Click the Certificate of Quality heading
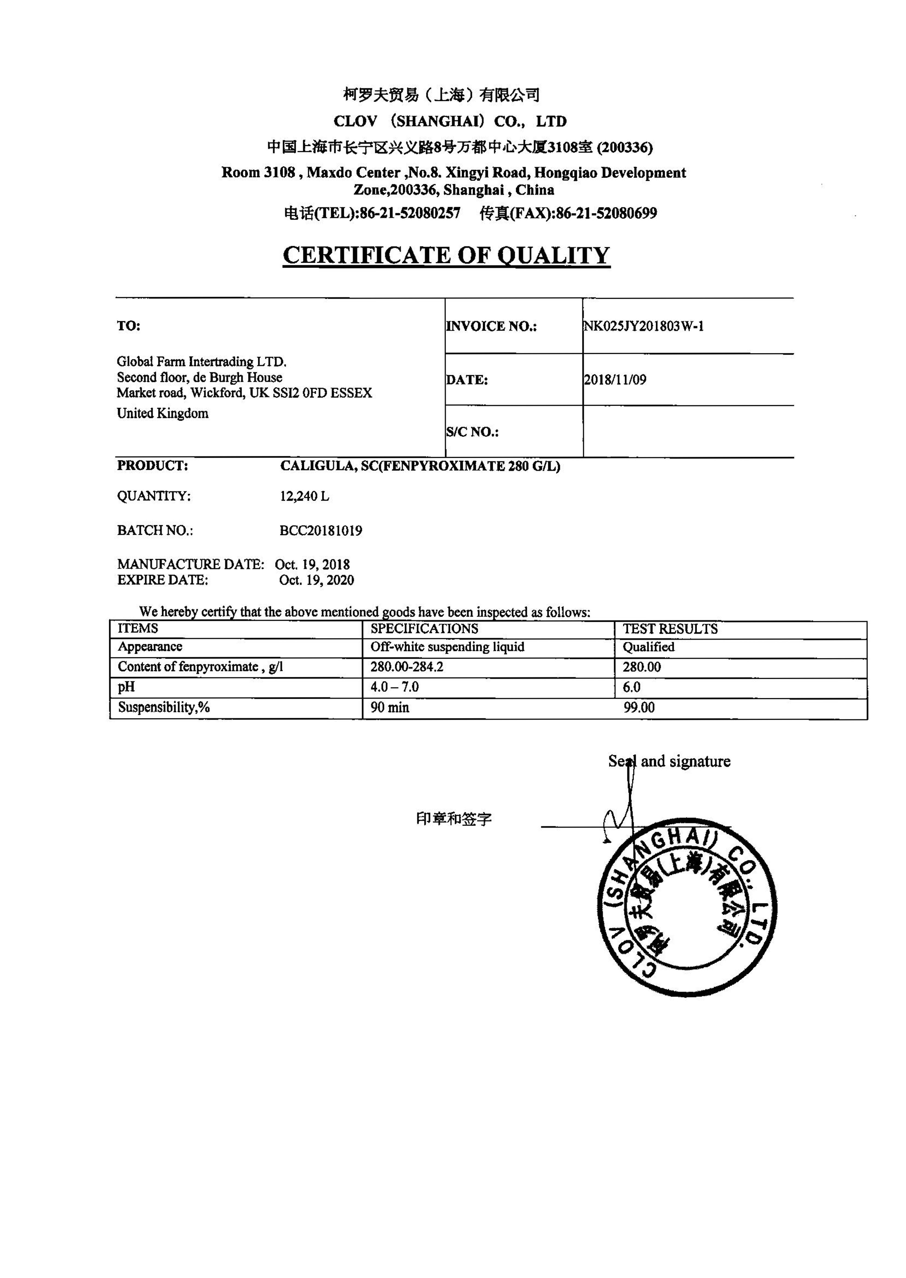pyautogui.click(x=446, y=255)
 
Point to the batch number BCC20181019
pyautogui.click(x=321, y=530)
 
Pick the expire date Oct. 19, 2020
pyautogui.click(x=316, y=580)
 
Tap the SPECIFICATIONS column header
pyautogui.click(x=424, y=629)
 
